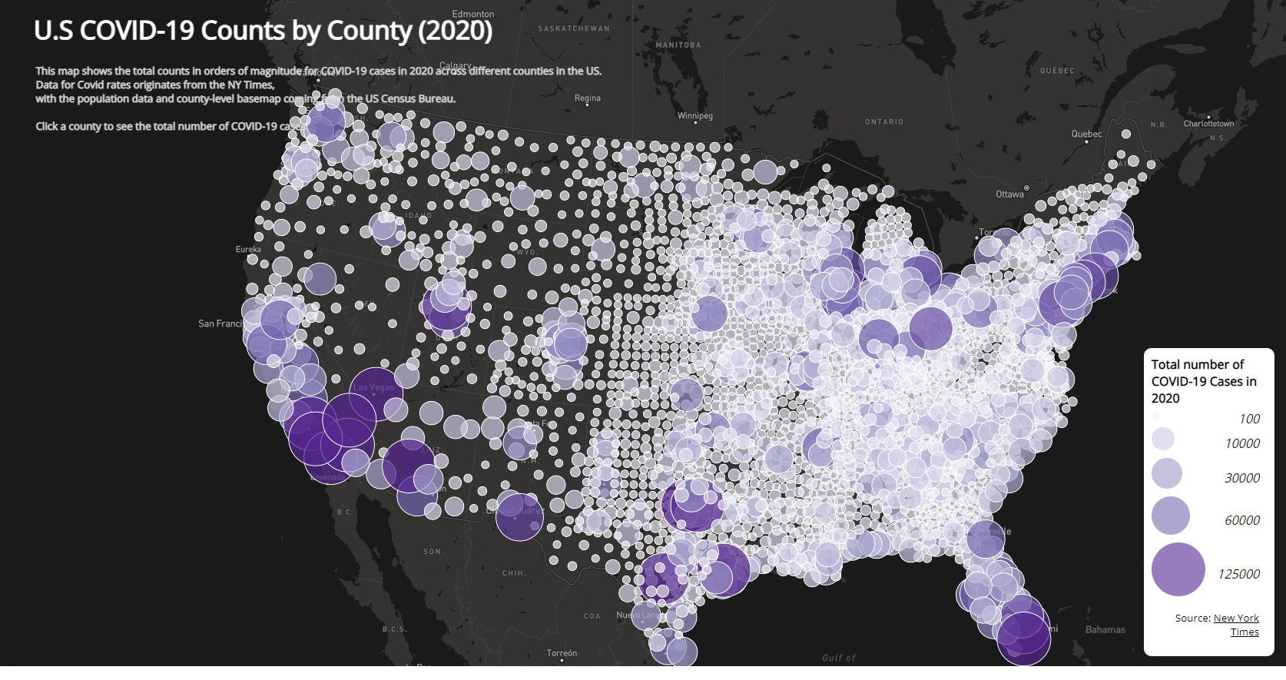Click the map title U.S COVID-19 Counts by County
[263, 31]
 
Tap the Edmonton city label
[473, 14]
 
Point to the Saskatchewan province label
[573, 28]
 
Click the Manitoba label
[678, 45]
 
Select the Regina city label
[588, 98]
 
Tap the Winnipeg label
[695, 116]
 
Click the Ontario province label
[884, 122]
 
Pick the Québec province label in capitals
[1057, 71]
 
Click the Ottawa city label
[1009, 194]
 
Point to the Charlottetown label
[1208, 124]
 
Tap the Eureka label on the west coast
[248, 250]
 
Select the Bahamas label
[1105, 630]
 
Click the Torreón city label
[562, 653]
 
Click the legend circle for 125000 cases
[1178, 569]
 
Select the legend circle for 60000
[1170, 516]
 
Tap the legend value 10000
[1242, 443]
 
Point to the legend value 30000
[1242, 478]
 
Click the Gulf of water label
[838, 658]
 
